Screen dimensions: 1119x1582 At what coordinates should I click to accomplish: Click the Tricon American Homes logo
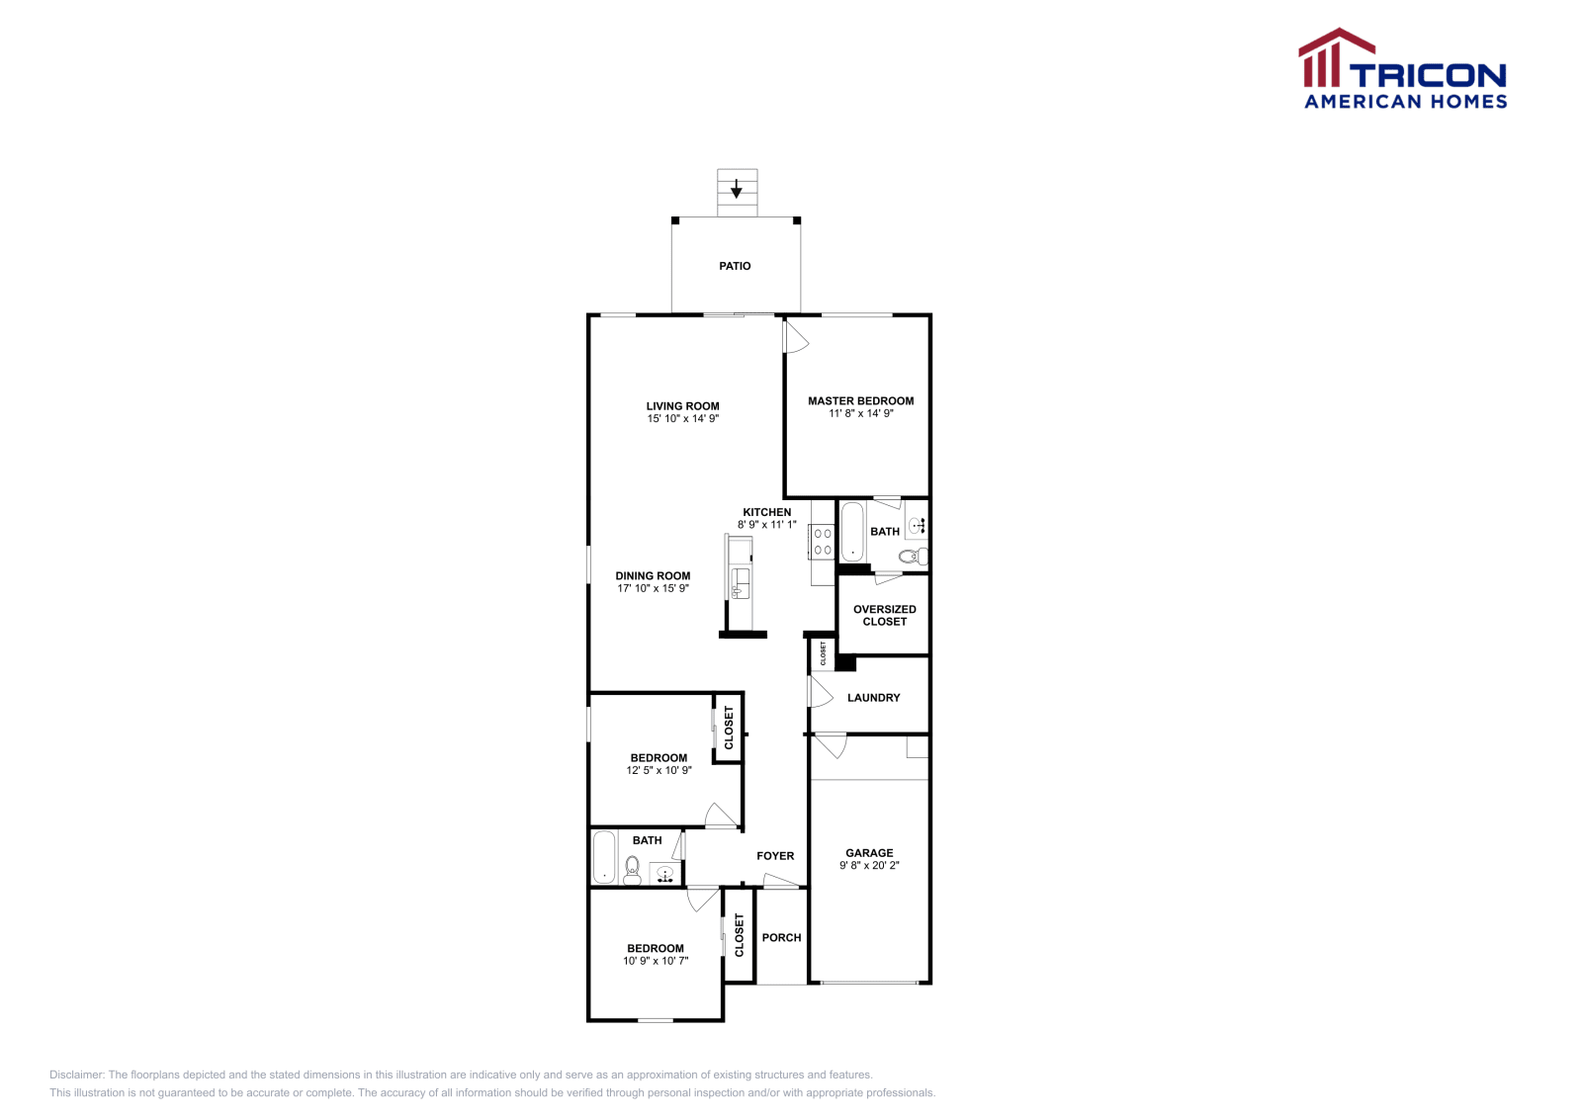coord(1402,69)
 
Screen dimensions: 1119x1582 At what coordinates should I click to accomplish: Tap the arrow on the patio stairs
coord(737,188)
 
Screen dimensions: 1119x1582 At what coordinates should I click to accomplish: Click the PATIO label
coord(735,266)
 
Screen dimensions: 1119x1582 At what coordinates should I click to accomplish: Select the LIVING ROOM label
coord(682,405)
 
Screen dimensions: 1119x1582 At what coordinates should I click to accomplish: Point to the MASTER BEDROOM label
coord(860,400)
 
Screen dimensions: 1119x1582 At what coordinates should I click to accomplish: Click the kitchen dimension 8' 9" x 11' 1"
coord(766,525)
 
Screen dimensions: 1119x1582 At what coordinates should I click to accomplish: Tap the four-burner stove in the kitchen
coord(822,542)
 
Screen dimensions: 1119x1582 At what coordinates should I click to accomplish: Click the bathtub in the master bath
coord(851,532)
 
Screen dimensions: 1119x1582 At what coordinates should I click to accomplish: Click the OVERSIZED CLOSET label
coord(884,615)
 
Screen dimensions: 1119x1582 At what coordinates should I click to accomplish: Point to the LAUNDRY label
coord(873,698)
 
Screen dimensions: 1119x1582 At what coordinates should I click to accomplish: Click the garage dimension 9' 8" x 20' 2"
coord(869,866)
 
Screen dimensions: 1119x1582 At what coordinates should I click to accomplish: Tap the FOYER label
coord(775,856)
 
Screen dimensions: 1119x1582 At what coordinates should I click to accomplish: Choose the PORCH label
coord(781,937)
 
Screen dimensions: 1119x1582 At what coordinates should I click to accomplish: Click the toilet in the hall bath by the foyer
coord(633,869)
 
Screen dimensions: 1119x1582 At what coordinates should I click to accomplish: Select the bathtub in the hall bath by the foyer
coord(604,856)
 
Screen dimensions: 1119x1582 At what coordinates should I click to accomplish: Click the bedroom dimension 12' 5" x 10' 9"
coord(659,771)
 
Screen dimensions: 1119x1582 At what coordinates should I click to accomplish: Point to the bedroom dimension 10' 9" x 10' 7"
coord(655,961)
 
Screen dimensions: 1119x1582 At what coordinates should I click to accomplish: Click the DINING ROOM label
coord(653,575)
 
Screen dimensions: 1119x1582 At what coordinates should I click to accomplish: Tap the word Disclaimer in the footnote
coord(76,1075)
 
